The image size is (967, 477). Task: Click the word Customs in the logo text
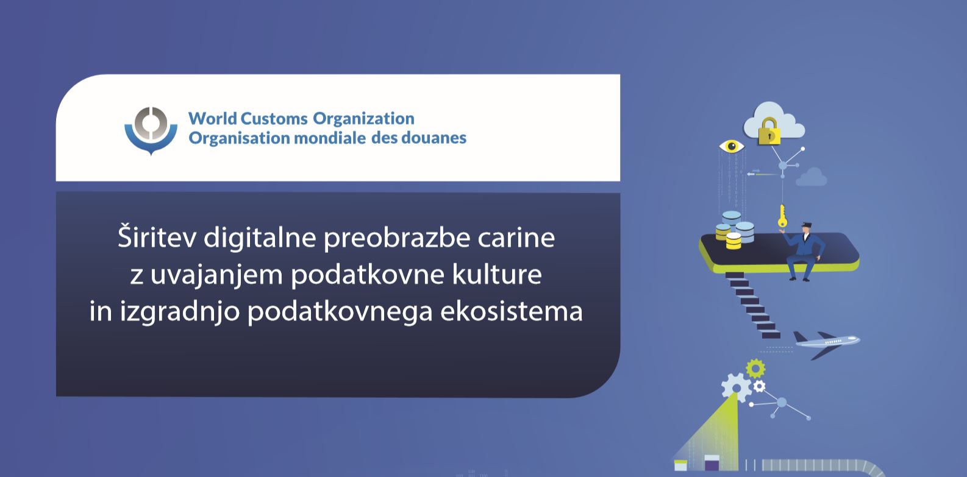[x=274, y=118]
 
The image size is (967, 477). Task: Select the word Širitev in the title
[x=157, y=236]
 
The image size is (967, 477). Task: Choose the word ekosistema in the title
[x=512, y=311]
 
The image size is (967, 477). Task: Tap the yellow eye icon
[x=732, y=146]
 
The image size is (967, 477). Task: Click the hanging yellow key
[x=782, y=216]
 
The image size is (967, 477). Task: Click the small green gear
[x=755, y=369]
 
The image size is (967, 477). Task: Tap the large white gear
[x=737, y=387]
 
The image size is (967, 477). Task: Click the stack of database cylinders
[x=735, y=230]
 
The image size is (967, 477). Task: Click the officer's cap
[x=807, y=225]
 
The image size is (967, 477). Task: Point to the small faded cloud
[x=812, y=177]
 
